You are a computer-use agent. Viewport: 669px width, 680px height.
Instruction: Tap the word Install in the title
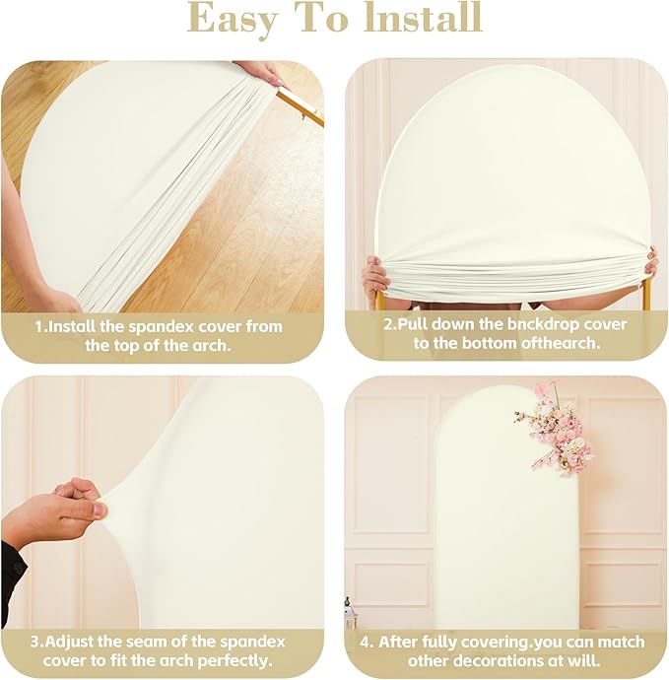point(423,17)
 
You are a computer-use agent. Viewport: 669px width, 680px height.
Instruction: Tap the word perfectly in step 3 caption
point(234,661)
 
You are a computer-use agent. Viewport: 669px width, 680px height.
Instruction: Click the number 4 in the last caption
point(366,642)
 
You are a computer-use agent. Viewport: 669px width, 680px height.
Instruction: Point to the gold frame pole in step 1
point(301,105)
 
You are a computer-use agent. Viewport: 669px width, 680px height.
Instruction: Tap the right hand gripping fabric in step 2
point(650,263)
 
